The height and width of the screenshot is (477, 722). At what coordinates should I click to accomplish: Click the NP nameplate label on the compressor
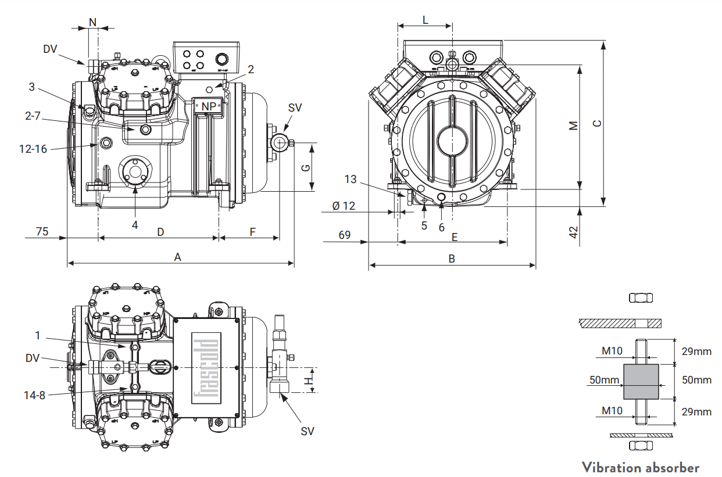pyautogui.click(x=208, y=106)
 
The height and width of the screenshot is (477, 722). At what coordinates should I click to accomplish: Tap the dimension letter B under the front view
pyautogui.click(x=452, y=259)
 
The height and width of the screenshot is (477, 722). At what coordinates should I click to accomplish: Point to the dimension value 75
pyautogui.click(x=42, y=231)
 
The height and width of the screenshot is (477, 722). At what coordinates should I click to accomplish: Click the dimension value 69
pyautogui.click(x=345, y=235)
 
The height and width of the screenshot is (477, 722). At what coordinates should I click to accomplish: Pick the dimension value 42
pyautogui.click(x=574, y=232)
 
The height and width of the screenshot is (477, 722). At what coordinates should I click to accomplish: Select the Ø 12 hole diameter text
pyautogui.click(x=344, y=206)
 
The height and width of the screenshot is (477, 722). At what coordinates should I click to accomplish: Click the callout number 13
pyautogui.click(x=350, y=179)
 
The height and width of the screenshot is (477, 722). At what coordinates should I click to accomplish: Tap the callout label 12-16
pyautogui.click(x=33, y=149)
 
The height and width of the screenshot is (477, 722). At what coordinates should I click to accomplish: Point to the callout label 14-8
pyautogui.click(x=34, y=395)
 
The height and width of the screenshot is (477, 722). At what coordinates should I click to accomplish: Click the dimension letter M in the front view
pyautogui.click(x=574, y=125)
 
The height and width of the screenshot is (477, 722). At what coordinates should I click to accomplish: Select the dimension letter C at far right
pyautogui.click(x=596, y=123)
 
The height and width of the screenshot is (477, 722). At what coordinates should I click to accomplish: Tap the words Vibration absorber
pyautogui.click(x=641, y=467)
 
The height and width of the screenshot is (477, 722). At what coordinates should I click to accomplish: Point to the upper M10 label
pyautogui.click(x=612, y=350)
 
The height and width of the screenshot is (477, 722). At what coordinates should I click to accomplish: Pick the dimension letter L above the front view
pyautogui.click(x=425, y=20)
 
